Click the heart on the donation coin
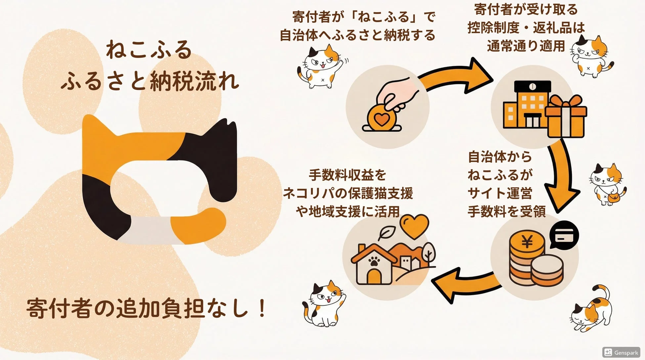coord(381,118)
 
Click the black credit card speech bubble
coord(564,236)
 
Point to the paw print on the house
coord(374,262)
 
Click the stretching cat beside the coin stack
coord(592,309)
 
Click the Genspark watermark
coord(621,352)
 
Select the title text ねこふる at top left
coord(149,50)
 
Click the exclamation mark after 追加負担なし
coord(262,308)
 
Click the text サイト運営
coord(499,193)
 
